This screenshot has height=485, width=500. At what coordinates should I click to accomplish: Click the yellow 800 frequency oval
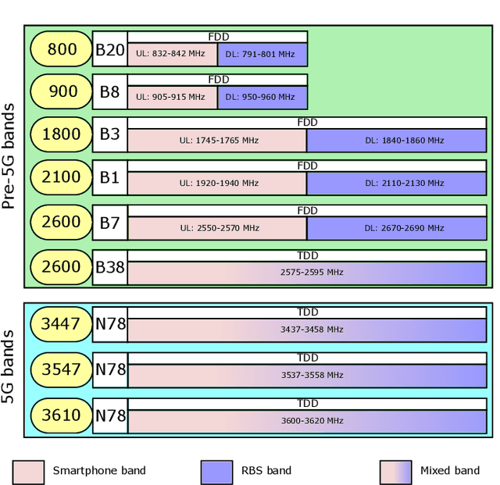(62, 50)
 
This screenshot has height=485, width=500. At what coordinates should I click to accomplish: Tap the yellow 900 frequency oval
(62, 92)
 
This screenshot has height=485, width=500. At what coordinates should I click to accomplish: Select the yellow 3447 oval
(62, 323)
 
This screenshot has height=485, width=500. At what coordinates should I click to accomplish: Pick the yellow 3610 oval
(62, 415)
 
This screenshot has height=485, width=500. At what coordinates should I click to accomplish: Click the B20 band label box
(110, 50)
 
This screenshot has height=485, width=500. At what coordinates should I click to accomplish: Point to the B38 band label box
(110, 267)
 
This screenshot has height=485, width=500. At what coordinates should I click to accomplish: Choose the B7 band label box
(110, 223)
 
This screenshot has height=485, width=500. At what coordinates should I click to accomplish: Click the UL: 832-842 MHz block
(172, 55)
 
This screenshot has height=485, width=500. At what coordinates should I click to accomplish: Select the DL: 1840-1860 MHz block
(396, 141)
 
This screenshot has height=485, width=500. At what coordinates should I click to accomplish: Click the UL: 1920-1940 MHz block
(217, 183)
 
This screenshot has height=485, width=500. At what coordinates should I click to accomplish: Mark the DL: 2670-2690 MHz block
(396, 228)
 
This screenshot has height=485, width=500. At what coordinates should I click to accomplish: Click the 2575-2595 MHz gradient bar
(307, 273)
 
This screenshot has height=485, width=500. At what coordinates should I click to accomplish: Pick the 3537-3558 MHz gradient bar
(307, 375)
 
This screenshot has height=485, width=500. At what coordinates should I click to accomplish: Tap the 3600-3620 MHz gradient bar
(307, 421)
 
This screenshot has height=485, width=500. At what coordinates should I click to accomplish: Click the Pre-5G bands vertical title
(10, 156)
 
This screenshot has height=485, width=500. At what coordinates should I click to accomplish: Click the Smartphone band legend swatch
(28, 471)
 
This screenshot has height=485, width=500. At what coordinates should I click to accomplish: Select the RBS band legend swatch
(216, 471)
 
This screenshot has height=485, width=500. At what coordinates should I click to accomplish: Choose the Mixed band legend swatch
(395, 471)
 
